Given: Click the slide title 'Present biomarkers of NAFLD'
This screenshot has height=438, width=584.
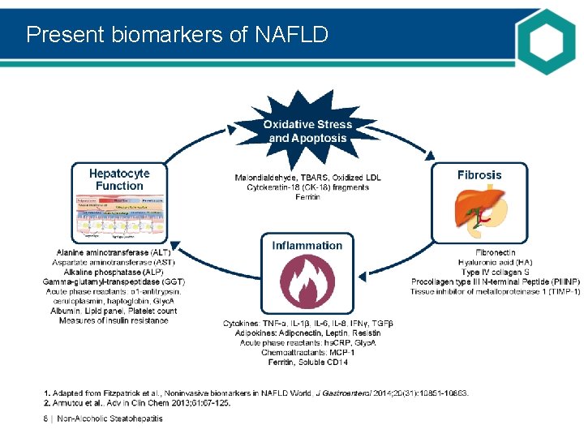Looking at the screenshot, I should [x=177, y=35].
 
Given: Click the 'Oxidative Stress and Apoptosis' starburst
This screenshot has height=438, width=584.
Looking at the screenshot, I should [x=307, y=131].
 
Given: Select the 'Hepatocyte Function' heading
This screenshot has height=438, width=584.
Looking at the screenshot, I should [x=119, y=179].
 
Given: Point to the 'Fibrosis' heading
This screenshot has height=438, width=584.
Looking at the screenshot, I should [x=479, y=174].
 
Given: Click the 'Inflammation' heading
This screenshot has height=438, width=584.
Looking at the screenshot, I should [x=307, y=245].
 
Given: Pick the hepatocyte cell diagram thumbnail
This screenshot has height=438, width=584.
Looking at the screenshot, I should [x=119, y=217].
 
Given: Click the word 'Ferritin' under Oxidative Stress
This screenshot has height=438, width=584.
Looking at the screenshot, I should [x=307, y=197].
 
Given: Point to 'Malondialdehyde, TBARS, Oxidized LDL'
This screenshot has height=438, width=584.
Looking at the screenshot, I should [x=307, y=178].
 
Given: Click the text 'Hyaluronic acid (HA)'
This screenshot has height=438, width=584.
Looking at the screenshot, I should [x=495, y=262].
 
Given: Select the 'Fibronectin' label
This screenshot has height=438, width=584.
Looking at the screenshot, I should [x=495, y=252].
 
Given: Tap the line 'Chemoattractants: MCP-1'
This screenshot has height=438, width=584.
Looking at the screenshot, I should [x=307, y=352].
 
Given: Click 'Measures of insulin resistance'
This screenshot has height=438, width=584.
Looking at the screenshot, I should [x=114, y=320].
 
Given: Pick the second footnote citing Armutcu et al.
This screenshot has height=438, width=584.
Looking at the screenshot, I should [x=137, y=402].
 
